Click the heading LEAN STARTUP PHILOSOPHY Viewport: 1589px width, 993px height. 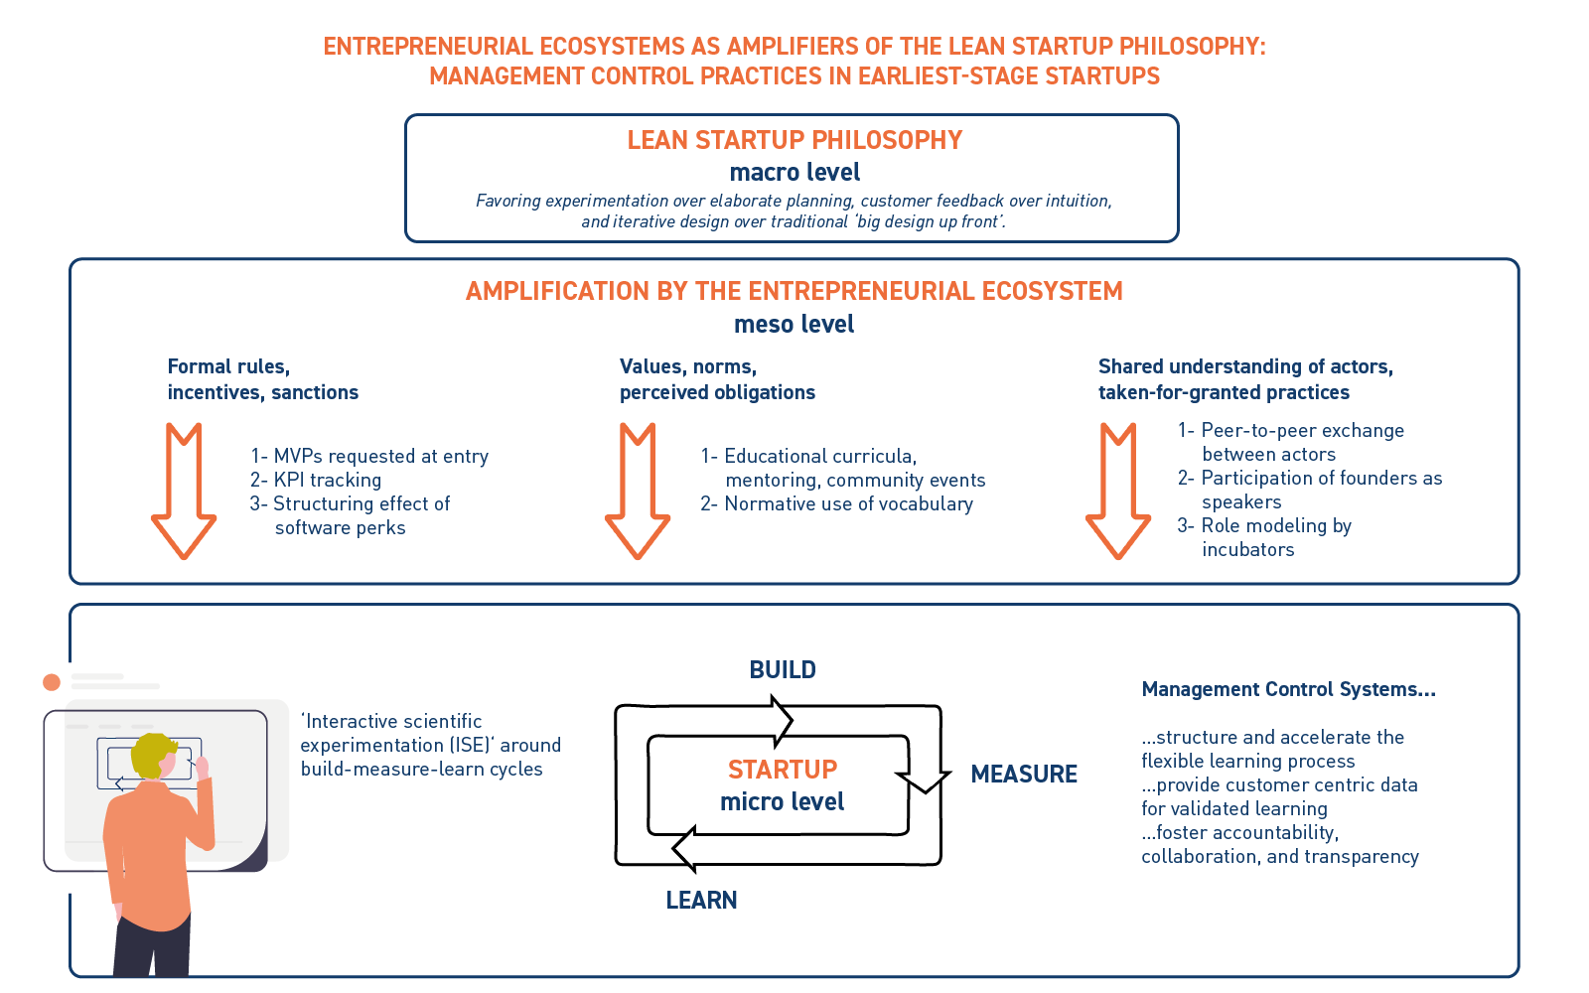(794, 140)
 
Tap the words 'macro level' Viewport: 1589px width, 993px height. (794, 172)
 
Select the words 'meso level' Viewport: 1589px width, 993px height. (794, 324)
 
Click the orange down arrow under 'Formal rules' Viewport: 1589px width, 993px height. (184, 492)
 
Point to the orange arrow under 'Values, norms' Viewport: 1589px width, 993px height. (638, 492)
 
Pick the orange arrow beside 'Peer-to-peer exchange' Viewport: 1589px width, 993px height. (1118, 492)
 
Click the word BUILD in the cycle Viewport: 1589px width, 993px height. (783, 670)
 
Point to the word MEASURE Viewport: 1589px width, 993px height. (1024, 774)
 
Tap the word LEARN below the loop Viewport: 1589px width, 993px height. (701, 900)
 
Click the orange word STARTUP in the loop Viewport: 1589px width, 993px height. (783, 770)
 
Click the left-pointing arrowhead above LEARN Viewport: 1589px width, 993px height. (683, 849)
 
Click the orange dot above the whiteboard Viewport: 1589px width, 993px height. (52, 682)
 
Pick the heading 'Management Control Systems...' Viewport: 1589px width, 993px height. (1288, 689)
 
